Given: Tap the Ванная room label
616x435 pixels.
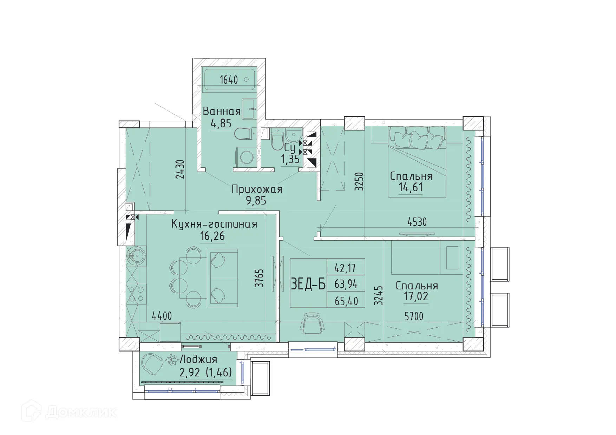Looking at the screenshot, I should tap(222, 112).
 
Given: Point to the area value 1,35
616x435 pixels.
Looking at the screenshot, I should tap(290, 159).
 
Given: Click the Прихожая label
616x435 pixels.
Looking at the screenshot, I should tap(257, 189).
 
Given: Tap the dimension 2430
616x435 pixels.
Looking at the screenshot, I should tap(180, 169).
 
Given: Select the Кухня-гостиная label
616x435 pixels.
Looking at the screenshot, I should tap(214, 224).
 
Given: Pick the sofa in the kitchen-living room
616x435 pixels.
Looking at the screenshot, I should tap(222, 277).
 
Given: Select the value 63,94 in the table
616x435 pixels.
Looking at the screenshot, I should tap(346, 284).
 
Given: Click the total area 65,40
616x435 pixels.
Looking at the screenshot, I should tap(346, 301).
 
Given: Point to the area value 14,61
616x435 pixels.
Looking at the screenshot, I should tap(411, 187).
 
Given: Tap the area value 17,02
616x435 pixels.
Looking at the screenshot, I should tap(416, 297).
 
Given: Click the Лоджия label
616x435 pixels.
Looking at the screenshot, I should tap(199, 359).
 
